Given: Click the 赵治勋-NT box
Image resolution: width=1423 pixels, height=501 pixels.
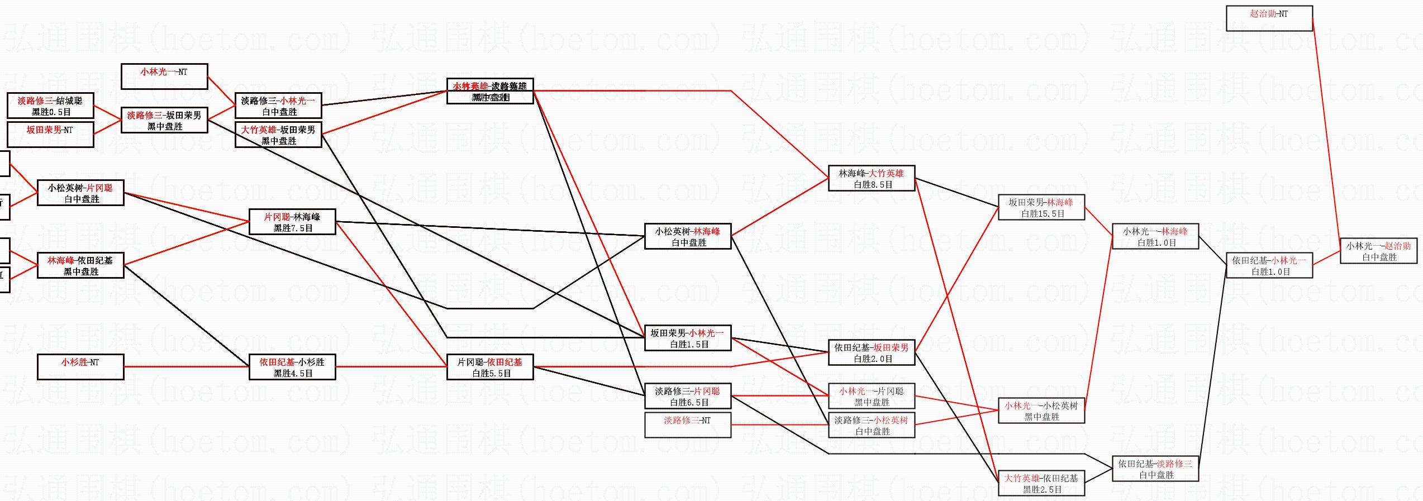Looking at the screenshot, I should [1269, 18].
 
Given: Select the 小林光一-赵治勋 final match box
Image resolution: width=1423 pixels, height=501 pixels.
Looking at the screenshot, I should [1378, 251].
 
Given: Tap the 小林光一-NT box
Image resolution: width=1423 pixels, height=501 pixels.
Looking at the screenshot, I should [164, 77].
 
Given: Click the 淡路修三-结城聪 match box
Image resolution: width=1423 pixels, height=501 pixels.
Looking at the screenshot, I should [50, 106].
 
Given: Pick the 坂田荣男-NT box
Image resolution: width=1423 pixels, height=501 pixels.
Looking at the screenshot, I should [50, 135].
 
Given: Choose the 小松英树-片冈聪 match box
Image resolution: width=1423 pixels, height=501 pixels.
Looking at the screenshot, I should [80, 193].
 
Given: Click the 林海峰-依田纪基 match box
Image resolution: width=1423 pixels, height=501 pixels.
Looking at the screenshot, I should [80, 265].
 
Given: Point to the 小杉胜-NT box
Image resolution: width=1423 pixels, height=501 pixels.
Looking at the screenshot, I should [80, 367].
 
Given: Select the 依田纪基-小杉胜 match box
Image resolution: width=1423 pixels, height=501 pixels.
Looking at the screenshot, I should [292, 367].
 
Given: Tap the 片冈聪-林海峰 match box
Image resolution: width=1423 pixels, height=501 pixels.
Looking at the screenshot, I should [292, 222].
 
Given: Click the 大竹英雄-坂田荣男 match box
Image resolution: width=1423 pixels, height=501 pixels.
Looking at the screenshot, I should [278, 135].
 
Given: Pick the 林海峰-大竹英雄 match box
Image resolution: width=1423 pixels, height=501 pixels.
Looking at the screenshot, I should [872, 178].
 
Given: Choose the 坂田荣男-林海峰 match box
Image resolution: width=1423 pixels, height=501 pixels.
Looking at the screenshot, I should [1041, 207].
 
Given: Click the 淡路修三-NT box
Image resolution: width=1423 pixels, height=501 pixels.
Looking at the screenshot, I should [688, 425].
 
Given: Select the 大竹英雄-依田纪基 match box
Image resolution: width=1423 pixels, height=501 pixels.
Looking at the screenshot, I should [1041, 483].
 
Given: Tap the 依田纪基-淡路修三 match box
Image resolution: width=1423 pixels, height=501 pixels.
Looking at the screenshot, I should [1155, 469].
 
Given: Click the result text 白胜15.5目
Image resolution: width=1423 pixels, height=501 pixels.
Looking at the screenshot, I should [1043, 214].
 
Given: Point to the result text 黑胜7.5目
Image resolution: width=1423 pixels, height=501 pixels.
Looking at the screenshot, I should [293, 228].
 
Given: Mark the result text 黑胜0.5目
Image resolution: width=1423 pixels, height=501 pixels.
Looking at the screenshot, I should [51, 112].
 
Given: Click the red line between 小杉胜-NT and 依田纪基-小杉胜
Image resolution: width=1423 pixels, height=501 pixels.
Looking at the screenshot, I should [186, 367].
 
